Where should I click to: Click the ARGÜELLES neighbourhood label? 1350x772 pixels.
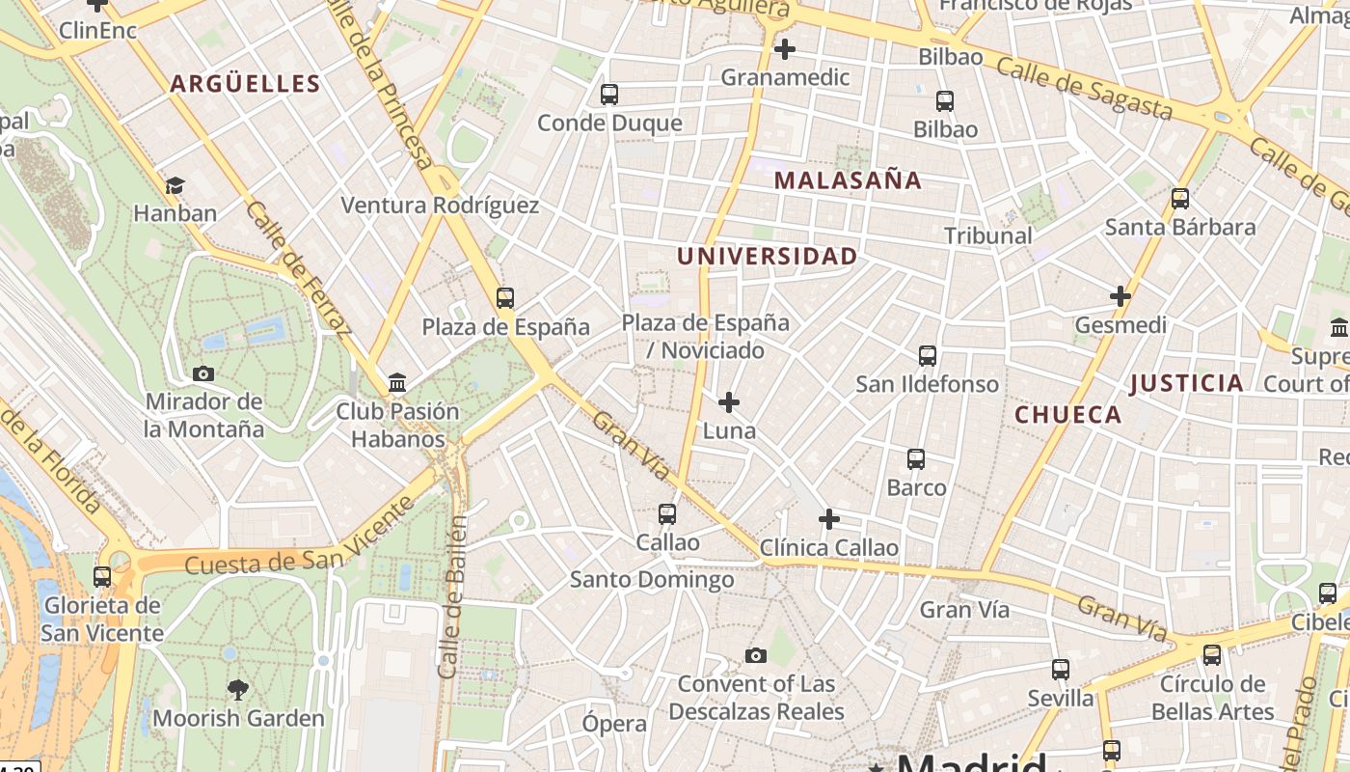[245, 84]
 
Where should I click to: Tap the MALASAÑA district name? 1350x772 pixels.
[848, 180]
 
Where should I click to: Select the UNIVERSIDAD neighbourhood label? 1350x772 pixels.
[767, 256]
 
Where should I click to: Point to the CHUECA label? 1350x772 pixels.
[1068, 415]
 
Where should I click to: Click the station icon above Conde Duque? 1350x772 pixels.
[608, 95]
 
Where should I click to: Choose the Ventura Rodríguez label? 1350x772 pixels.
[440, 206]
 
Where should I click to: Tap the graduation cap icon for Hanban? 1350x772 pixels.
[175, 185]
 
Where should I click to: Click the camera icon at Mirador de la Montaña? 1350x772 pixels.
[202, 373]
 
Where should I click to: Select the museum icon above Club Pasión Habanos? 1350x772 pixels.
[397, 383]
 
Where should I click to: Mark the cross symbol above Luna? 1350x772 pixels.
[729, 401]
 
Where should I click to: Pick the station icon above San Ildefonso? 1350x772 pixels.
[927, 356]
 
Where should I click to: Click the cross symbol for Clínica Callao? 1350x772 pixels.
[828, 519]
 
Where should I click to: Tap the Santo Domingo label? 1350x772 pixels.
[651, 580]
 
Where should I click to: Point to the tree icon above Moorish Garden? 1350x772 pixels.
[237, 689]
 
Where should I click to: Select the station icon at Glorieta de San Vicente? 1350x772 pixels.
[102, 577]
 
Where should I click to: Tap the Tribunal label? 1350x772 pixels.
[987, 235]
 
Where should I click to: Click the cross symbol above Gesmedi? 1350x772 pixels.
[1120, 296]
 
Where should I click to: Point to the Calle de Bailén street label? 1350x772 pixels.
[450, 596]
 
